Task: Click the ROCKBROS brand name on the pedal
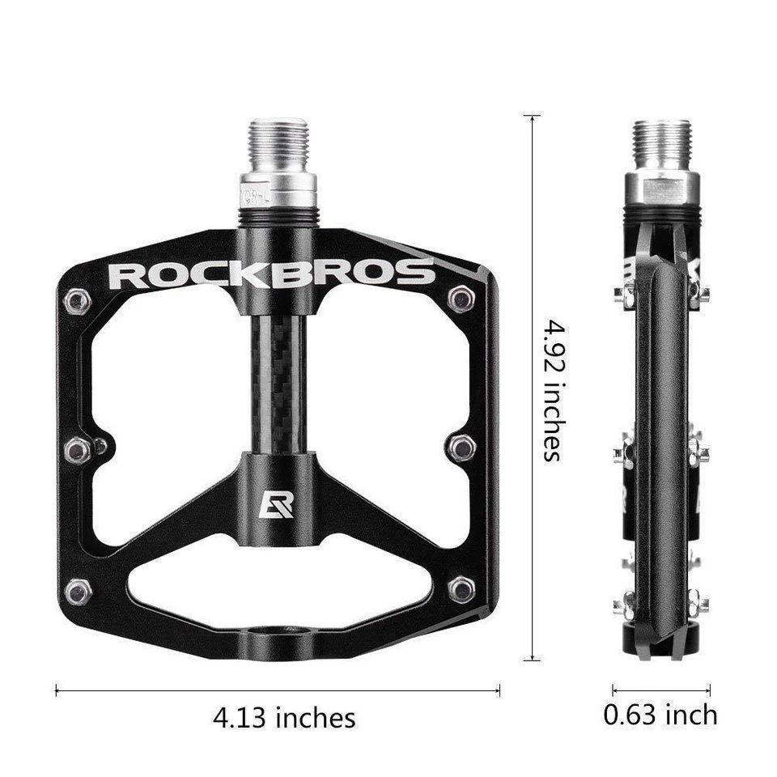(271, 274)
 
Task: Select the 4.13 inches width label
(284, 717)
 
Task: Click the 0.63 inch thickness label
(660, 715)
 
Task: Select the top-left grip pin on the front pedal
(78, 301)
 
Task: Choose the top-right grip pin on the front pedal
(461, 299)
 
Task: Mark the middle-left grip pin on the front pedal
(79, 448)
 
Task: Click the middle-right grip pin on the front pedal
(461, 446)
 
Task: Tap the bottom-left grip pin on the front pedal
(79, 591)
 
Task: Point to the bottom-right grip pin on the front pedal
(461, 588)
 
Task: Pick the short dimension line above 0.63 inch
(661, 690)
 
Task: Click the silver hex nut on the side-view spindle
(661, 188)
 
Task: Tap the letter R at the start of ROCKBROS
(125, 274)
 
